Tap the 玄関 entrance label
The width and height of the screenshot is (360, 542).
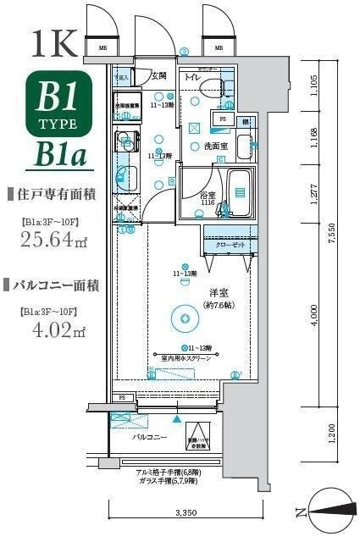pyautogui.click(x=159, y=75)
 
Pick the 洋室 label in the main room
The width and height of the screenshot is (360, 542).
pyautogui.click(x=220, y=293)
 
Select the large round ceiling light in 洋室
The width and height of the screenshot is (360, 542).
pyautogui.click(x=182, y=318)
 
